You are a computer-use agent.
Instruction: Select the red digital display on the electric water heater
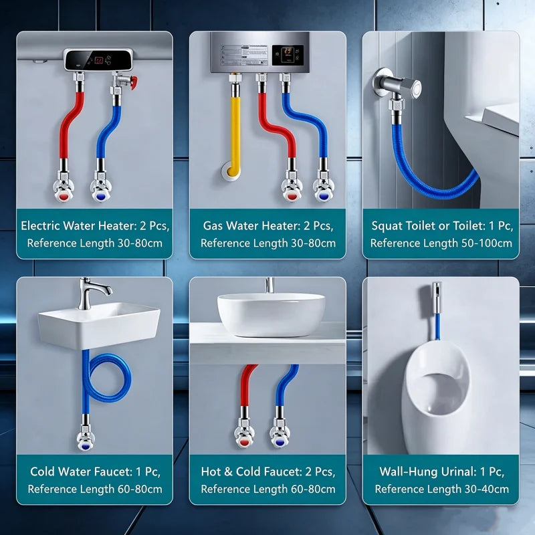[x=99, y=60]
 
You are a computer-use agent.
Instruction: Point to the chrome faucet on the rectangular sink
[x=90, y=294]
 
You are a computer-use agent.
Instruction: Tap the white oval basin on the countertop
[x=272, y=314]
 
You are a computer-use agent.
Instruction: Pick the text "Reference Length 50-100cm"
[x=441, y=243]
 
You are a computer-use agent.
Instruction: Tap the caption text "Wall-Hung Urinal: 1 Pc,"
[x=441, y=471]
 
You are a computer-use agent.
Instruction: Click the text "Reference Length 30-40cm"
[x=441, y=489]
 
